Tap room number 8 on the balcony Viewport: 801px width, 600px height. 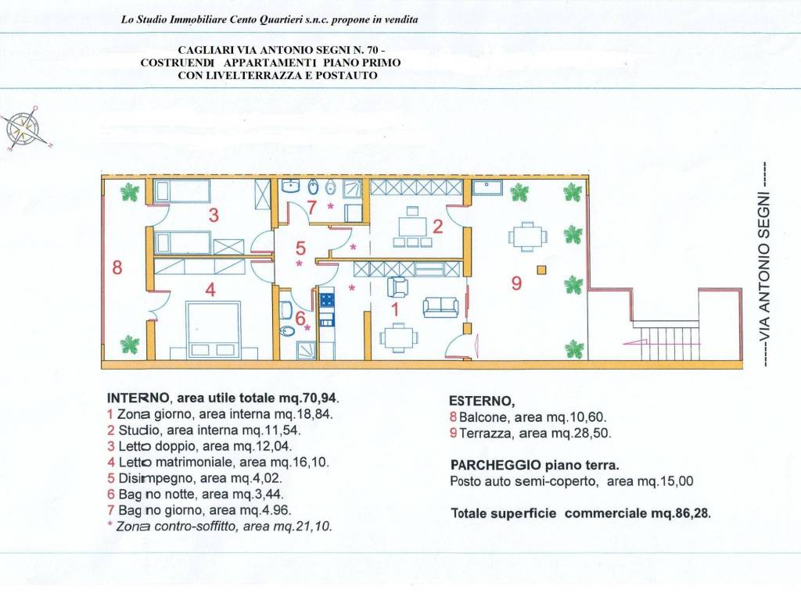pyautogui.click(x=117, y=267)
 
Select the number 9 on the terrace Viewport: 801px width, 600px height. pyautogui.click(x=516, y=283)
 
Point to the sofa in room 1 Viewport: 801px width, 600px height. pyautogui.click(x=440, y=307)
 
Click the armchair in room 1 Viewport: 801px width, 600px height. pyautogui.click(x=397, y=287)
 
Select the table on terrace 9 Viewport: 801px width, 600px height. pyautogui.click(x=528, y=237)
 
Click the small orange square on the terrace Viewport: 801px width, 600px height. pyautogui.click(x=541, y=270)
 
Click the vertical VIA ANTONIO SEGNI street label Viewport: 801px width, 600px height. pyautogui.click(x=763, y=264)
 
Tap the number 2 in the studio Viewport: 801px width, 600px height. pyautogui.click(x=437, y=226)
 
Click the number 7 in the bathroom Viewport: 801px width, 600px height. pyautogui.click(x=312, y=207)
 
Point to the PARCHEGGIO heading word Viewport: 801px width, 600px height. pyautogui.click(x=495, y=465)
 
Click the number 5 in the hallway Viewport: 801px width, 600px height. pyautogui.click(x=301, y=248)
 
